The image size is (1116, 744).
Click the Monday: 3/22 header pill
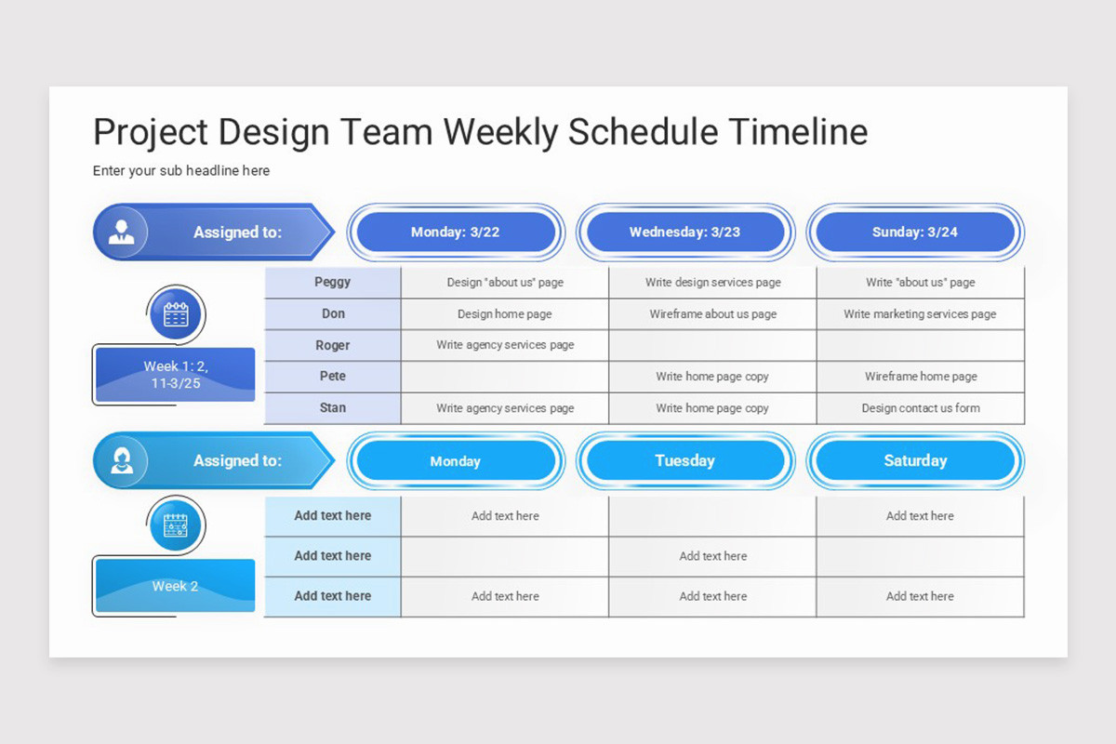pos(456,232)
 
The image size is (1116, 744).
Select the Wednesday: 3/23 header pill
pos(685,232)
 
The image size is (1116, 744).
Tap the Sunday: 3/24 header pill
pos(915,232)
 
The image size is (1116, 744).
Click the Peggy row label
pos(332,282)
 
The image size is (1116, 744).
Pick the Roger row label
pos(332,345)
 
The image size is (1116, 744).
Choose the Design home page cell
pos(505,314)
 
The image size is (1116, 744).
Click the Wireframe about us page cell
pos(713,314)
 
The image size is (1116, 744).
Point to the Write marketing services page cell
pos(920,314)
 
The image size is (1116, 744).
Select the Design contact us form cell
pos(921,408)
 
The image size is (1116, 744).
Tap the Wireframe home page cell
pos(921,377)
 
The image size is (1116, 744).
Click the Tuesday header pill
pos(685,460)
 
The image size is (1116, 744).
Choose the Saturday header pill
pos(915,460)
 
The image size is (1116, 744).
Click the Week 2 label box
pos(176,586)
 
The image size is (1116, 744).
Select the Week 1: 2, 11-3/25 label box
pos(176,374)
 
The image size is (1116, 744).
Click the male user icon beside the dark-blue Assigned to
pos(122,232)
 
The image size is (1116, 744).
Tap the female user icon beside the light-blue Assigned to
pos(122,460)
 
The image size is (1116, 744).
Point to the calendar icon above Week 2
pos(176,525)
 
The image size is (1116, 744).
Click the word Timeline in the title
pos(798,132)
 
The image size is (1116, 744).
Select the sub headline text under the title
pos(180,171)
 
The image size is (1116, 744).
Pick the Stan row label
pos(332,407)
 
